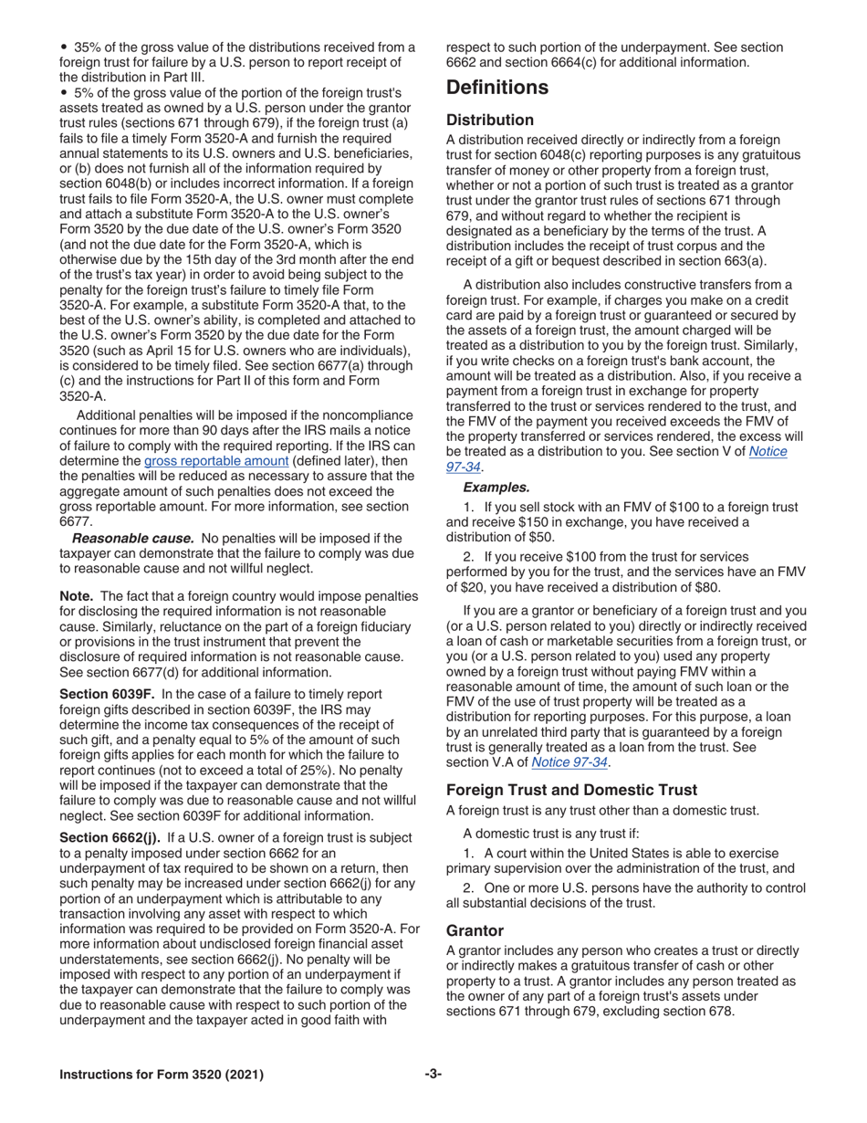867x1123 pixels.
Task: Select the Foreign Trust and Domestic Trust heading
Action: pyautogui.click(x=571, y=790)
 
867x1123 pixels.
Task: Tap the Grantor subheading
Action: pyautogui.click(x=475, y=930)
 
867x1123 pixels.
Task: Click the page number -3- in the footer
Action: pyautogui.click(x=433, y=1074)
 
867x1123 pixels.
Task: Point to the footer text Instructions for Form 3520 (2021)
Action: pyautogui.click(x=162, y=1075)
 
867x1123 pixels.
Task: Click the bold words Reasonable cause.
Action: pyautogui.click(x=133, y=539)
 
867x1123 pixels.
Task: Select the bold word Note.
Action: pyautogui.click(x=76, y=595)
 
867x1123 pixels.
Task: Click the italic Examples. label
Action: pyautogui.click(x=496, y=488)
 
